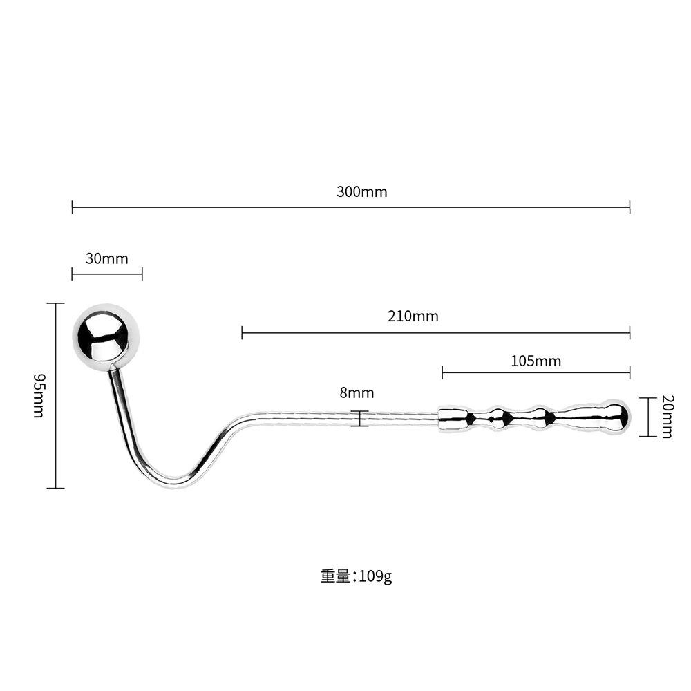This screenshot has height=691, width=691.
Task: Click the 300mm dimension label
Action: coord(361,191)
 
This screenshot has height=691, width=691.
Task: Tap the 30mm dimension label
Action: coord(106,259)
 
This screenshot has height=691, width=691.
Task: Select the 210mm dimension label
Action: coord(413,316)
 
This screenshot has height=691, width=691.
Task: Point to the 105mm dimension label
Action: coord(536,361)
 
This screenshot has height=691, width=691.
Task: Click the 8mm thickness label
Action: coord(357,393)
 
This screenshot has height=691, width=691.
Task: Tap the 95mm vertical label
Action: coord(39,395)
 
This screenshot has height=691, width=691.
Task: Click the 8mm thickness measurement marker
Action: coord(359,418)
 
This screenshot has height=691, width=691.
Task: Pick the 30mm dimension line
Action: coord(106,274)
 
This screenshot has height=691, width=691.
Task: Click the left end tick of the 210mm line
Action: coord(242,332)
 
